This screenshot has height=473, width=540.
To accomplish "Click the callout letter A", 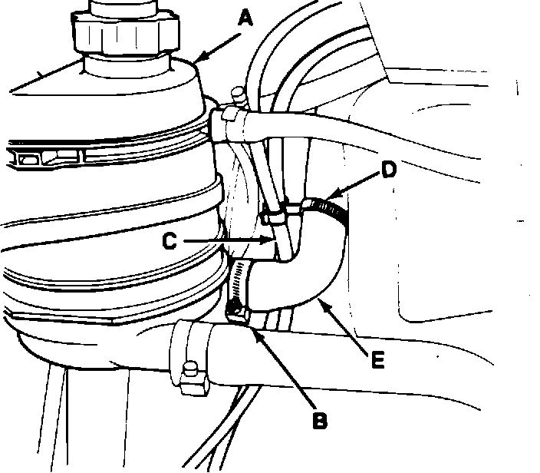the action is point(244,16).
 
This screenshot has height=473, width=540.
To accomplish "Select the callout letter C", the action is point(173,240).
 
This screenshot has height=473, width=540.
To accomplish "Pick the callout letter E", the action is point(377,359).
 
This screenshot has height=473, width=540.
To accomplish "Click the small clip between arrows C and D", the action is point(276,211).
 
